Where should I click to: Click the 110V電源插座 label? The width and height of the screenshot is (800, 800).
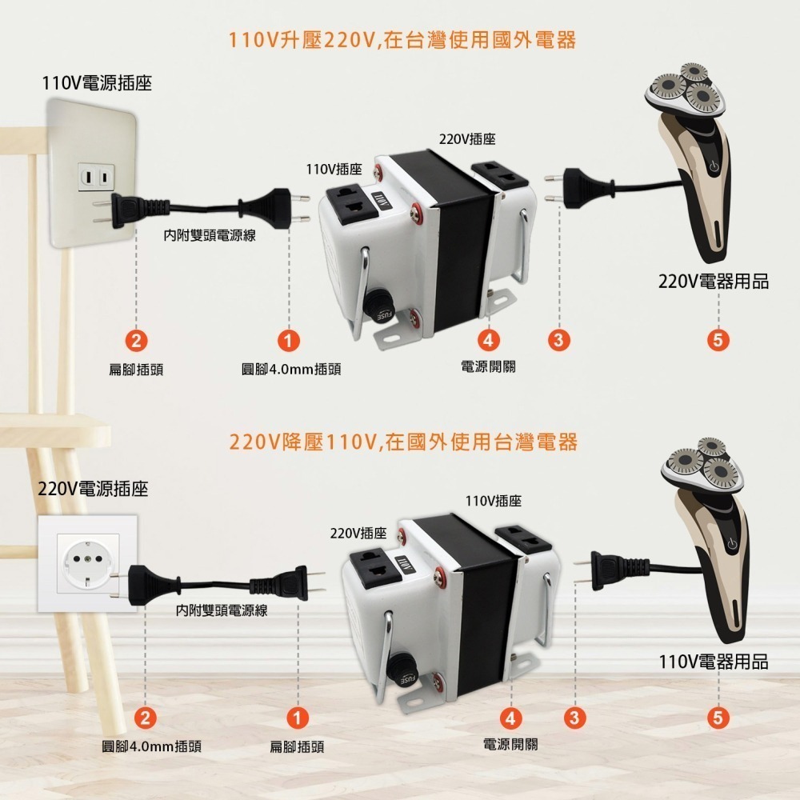[x=97, y=82]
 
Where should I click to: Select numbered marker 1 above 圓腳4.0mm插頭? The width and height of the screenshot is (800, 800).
[x=288, y=339]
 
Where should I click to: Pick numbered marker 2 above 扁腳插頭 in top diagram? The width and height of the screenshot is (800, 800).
[x=137, y=339]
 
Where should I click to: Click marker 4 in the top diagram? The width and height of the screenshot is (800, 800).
[x=488, y=339]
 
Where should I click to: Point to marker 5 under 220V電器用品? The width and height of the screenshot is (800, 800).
[x=718, y=339]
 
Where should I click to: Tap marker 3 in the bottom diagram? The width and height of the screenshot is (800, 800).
[x=573, y=717]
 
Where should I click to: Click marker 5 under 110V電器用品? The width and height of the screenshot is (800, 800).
[x=718, y=717]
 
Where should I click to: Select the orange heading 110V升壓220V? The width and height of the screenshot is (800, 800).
[x=402, y=40]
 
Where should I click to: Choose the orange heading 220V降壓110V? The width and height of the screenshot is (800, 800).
[x=402, y=442]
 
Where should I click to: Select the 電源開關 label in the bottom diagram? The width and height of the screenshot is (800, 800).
[x=510, y=744]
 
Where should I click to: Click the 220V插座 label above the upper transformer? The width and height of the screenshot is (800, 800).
[x=467, y=139]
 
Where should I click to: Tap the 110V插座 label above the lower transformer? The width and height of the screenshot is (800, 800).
[x=494, y=501]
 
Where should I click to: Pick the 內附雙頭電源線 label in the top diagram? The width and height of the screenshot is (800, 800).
[x=210, y=236]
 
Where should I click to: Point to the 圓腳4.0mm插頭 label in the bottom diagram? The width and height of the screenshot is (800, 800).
[x=151, y=746]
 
